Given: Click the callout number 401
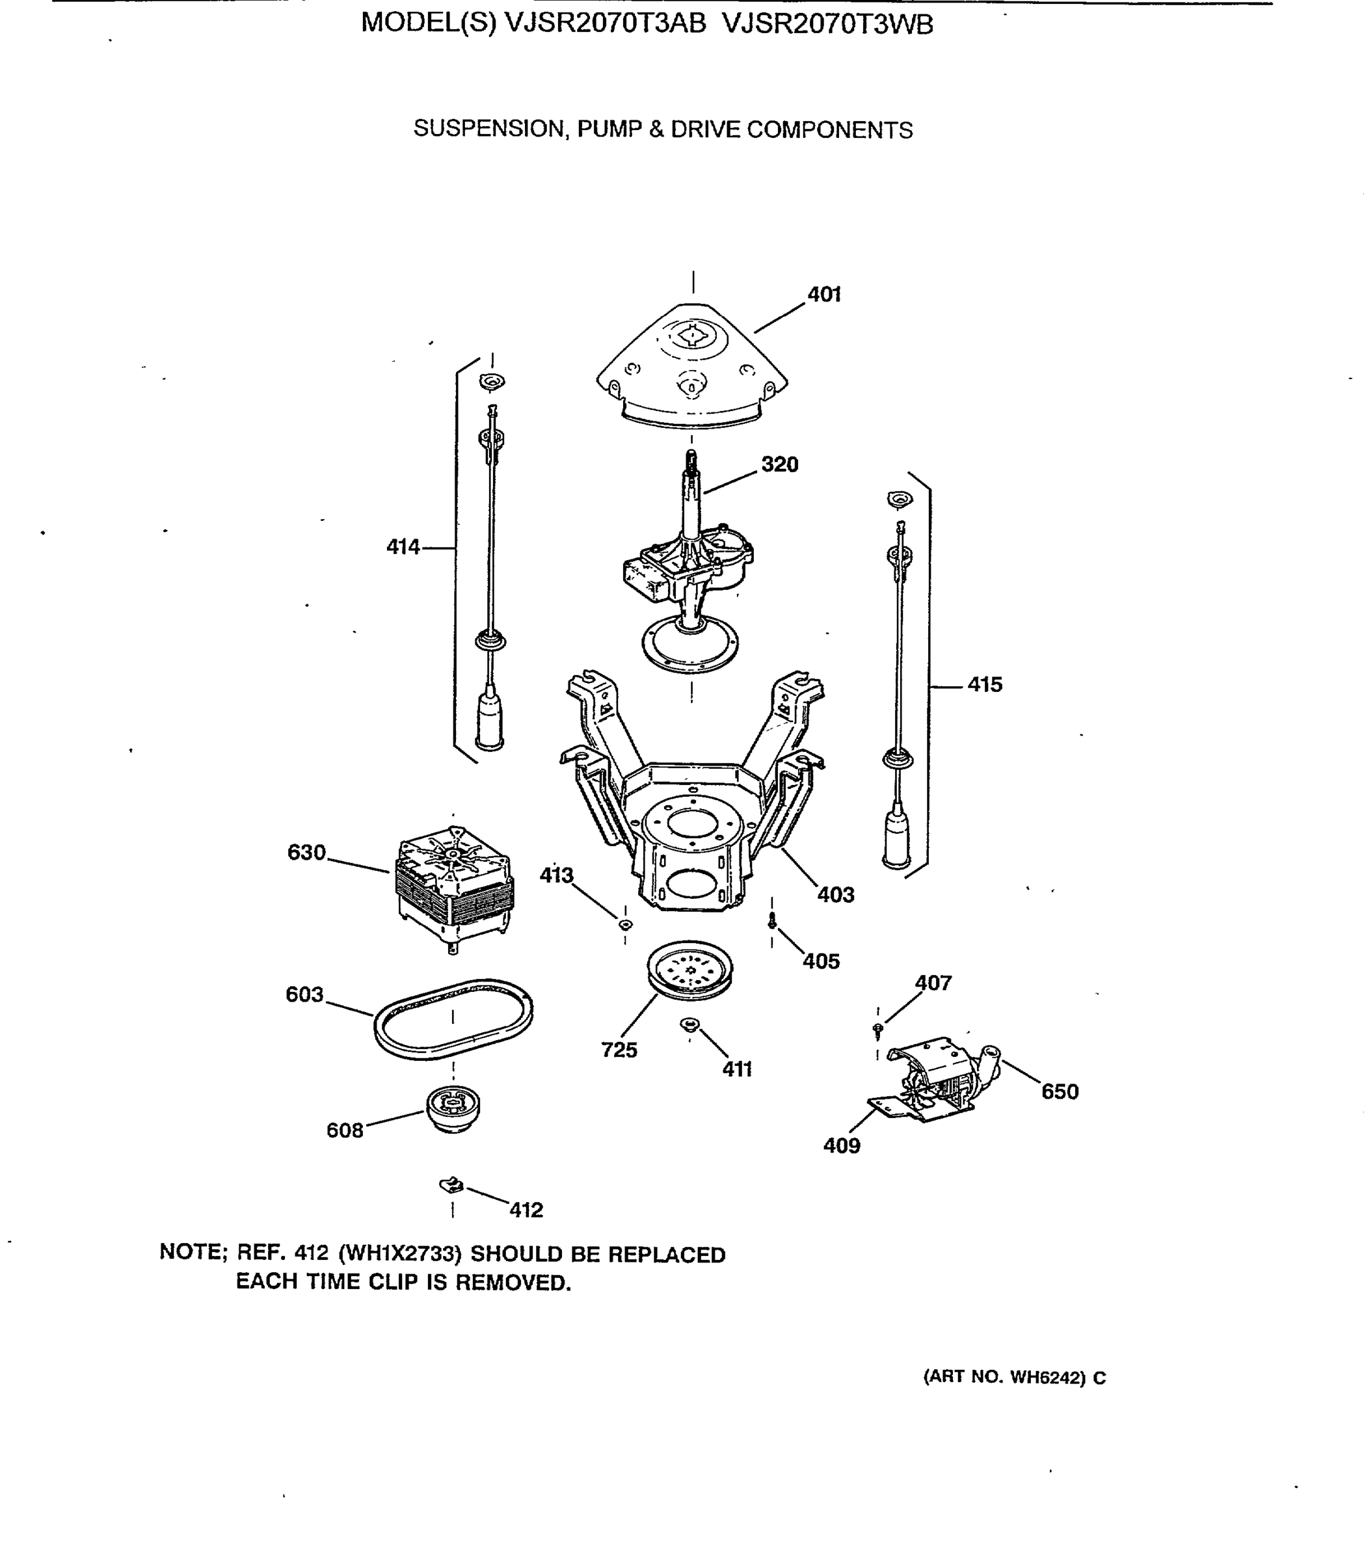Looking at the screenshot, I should tap(823, 295).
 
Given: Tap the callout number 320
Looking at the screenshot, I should tap(779, 464).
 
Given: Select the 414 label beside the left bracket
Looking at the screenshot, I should tap(403, 547).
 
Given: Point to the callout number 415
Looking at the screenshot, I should tap(985, 685).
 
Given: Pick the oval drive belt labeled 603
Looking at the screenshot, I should tap(453, 1019).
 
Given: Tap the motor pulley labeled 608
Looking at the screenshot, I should tap(453, 1109).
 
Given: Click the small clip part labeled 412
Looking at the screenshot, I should tap(452, 1185).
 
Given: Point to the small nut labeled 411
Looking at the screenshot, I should tap(689, 1025).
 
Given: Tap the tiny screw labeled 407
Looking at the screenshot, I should tap(877, 1030).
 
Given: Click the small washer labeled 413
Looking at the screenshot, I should tap(625, 925).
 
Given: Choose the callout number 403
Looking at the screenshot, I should tap(836, 895).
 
